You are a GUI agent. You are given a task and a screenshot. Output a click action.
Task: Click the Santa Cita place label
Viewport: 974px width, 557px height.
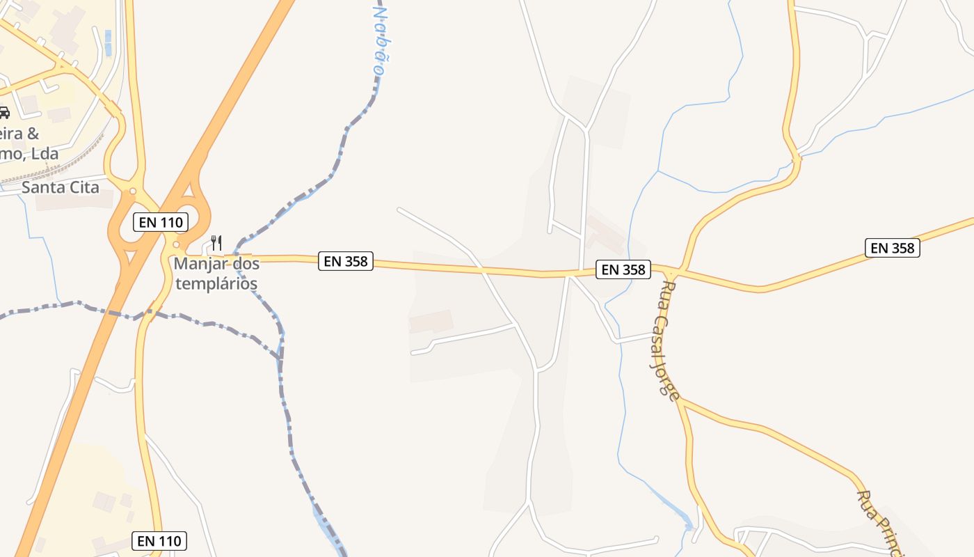(x=60, y=187)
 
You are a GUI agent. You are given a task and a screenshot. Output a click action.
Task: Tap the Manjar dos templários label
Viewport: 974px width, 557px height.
(x=216, y=274)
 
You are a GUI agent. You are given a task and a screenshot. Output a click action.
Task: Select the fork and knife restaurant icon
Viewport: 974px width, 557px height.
(x=216, y=243)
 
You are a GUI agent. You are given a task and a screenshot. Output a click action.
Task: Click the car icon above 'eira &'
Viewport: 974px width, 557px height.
(x=3, y=113)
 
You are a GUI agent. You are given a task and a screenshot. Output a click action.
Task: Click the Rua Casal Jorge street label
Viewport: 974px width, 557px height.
(x=667, y=340)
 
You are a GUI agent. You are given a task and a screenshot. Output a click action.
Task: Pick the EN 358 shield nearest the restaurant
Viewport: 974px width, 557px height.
(x=346, y=261)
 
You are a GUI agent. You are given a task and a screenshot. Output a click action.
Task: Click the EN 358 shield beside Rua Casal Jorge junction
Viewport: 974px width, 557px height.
(x=623, y=269)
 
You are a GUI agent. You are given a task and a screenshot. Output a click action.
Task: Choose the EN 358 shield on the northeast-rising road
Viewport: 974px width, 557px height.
(x=893, y=248)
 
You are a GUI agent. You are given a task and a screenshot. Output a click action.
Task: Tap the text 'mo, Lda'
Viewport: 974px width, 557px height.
(x=29, y=154)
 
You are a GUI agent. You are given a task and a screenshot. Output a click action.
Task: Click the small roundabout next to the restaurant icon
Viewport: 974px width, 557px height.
(x=176, y=245)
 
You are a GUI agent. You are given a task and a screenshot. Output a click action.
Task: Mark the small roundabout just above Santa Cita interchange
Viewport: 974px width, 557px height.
(x=132, y=191)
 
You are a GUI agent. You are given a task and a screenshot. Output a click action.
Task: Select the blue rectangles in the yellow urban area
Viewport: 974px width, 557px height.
(x=107, y=42)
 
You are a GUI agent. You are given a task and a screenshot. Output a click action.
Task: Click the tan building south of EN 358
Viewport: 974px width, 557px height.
(x=431, y=321)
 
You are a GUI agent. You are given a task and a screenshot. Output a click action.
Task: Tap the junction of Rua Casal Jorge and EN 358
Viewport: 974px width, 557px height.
(x=678, y=272)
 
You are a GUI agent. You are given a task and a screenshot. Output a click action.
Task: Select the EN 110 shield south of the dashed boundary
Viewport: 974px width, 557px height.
(x=159, y=540)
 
